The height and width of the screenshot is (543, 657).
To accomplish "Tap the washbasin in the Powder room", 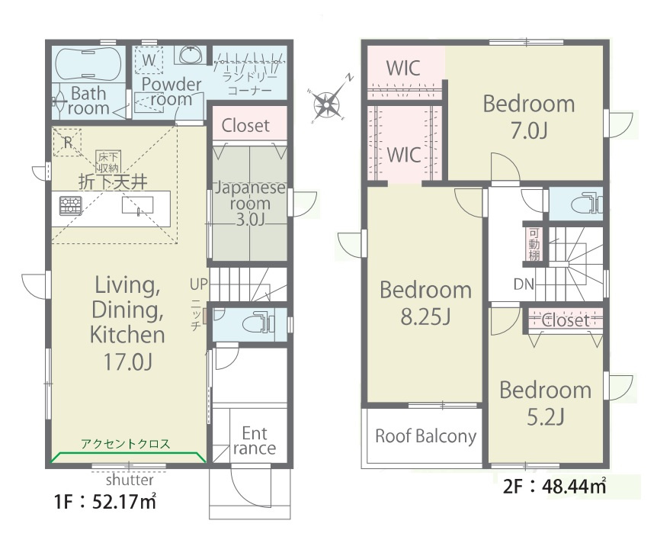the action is point(192,54).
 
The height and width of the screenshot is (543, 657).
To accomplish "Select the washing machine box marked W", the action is point(149,61).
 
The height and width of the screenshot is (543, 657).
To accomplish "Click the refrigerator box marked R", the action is point(67,142).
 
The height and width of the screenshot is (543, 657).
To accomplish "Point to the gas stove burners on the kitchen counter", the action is point(70,205).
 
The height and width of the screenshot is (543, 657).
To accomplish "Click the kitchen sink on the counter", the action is point(137,205).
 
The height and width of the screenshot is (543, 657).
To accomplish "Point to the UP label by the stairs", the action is point(199,284).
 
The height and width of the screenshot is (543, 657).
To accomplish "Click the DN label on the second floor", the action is point(524,284).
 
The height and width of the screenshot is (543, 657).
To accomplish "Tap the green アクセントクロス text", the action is point(126,443).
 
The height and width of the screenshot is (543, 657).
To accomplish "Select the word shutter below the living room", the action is point(130,480).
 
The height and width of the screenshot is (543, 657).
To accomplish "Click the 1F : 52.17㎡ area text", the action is point(106,502).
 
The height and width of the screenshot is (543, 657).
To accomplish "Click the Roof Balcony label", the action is point(426,436).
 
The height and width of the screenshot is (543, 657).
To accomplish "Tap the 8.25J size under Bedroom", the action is point(426,316).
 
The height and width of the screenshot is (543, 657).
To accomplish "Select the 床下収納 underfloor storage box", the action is point(108,162).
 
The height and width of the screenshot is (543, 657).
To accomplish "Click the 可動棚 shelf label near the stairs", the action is point(534,244).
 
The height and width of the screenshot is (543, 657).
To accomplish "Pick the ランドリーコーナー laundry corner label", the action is point(250,83).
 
